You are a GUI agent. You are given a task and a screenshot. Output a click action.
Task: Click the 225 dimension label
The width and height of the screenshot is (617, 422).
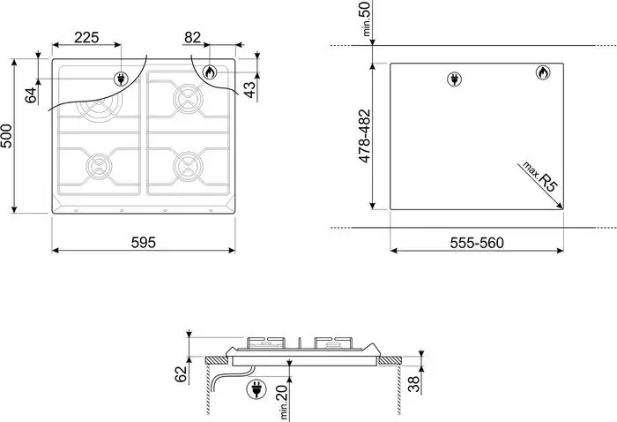tap(86, 37)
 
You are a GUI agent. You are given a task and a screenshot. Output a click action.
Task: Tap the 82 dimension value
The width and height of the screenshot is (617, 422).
tap(192, 37)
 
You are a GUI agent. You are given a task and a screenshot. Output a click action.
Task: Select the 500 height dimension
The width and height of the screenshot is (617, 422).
tap(7, 136)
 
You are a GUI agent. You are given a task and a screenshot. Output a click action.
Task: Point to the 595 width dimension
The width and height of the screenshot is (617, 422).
tap(143, 242)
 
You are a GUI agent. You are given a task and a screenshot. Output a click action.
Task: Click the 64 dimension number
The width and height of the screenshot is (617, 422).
tap(31, 95)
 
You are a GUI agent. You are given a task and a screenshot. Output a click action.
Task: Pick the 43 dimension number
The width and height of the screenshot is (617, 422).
tap(249, 89)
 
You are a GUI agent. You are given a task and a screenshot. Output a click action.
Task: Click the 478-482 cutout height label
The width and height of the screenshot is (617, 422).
tap(365, 136)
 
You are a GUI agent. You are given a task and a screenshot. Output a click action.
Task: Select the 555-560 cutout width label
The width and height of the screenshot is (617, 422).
tap(477, 243)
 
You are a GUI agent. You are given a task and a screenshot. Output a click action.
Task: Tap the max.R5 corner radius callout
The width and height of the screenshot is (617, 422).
tap(539, 177)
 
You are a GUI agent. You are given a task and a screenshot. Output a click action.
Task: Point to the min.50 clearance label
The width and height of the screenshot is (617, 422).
tap(366, 19)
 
